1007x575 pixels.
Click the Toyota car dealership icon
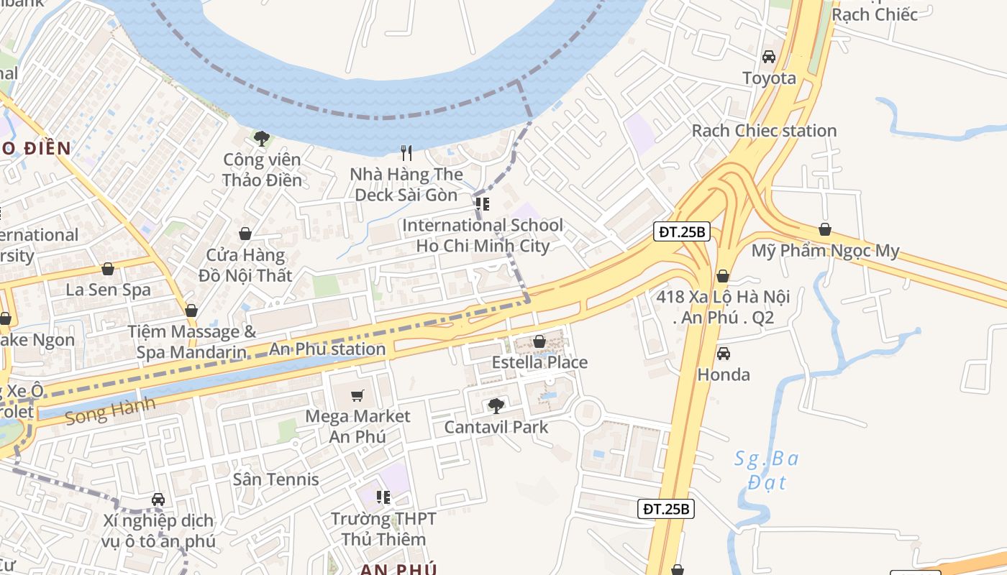[x=768, y=57]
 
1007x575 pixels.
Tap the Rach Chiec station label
[x=764, y=131]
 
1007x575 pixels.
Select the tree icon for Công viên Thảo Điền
[x=261, y=137]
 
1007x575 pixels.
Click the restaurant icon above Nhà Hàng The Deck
[x=406, y=152]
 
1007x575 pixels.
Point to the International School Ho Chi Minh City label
[x=483, y=236]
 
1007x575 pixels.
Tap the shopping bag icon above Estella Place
[x=539, y=341]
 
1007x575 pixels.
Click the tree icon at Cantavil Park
[x=496, y=406]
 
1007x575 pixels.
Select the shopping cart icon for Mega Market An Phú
[x=357, y=395]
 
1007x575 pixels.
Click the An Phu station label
[x=327, y=349]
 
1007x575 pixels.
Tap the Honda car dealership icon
[x=723, y=354]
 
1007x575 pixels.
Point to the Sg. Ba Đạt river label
[x=766, y=469]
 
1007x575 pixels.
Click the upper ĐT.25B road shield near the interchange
[x=683, y=231]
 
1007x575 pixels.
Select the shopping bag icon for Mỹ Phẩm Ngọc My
[x=825, y=230]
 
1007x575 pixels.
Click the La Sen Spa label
[x=108, y=290]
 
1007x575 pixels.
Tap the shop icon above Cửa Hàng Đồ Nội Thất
[x=245, y=234]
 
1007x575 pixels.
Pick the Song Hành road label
[x=109, y=410]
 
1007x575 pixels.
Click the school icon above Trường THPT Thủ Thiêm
[x=383, y=497]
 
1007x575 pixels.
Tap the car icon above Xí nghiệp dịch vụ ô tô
[x=158, y=500]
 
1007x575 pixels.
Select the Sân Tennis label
[x=275, y=479]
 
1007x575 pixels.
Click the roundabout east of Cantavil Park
[x=588, y=412]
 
